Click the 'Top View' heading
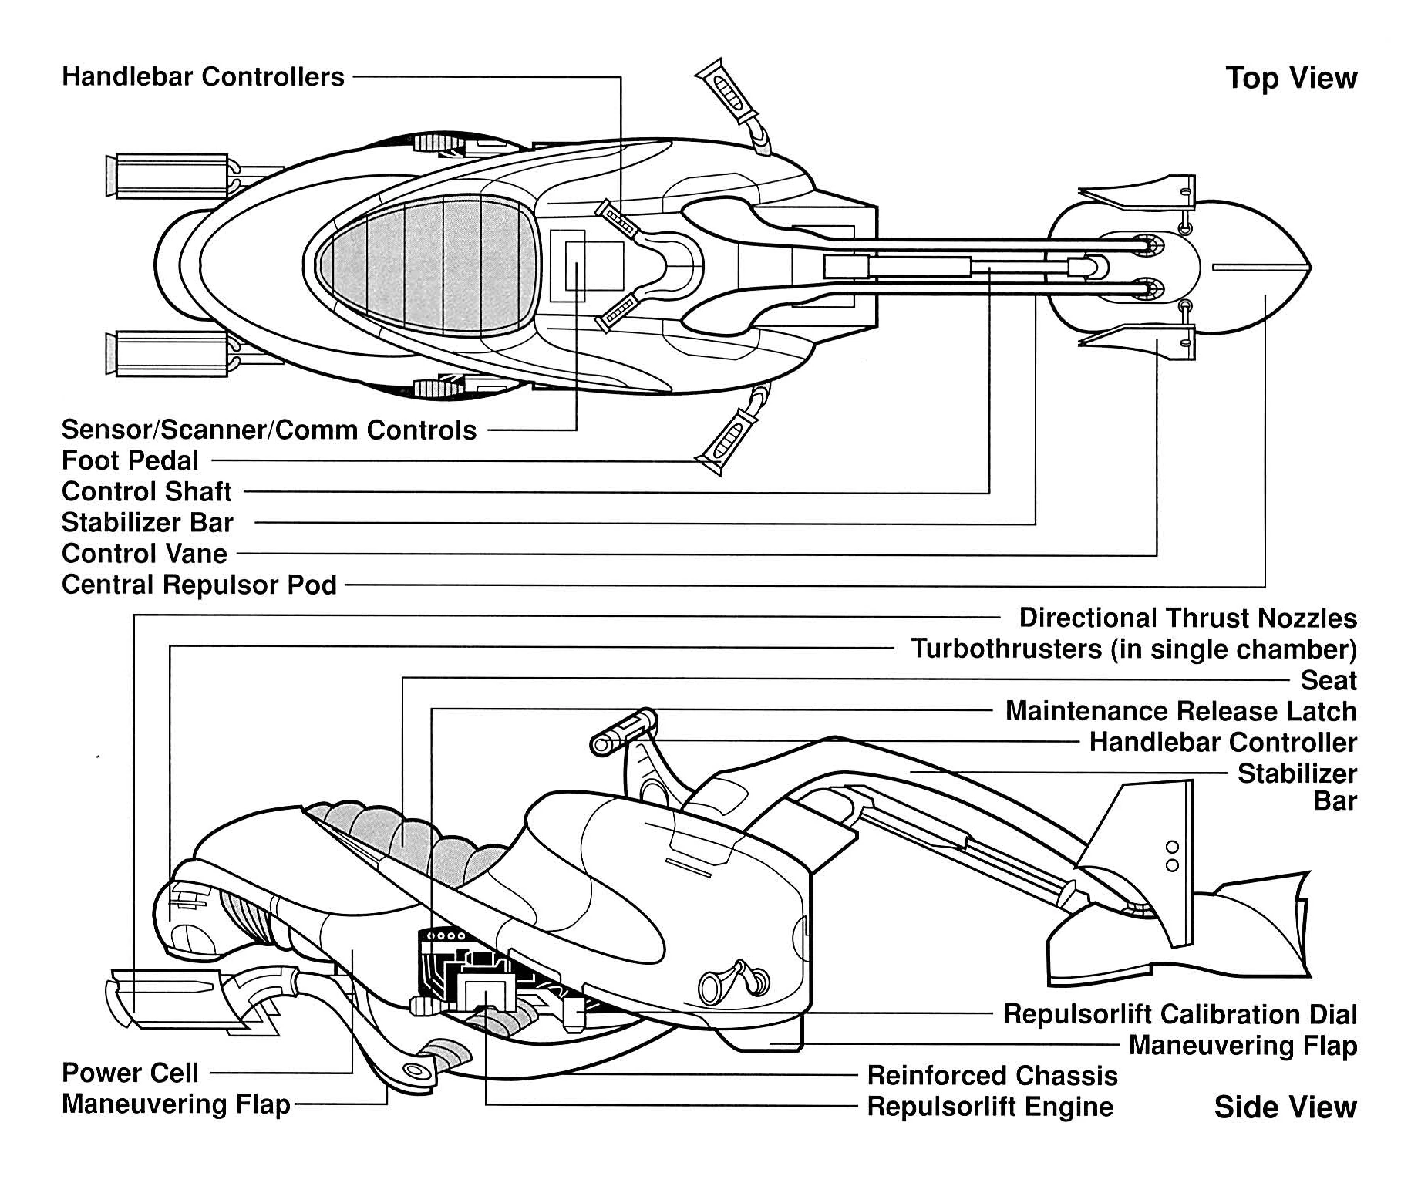pos(1291,79)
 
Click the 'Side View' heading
pos(1285,1107)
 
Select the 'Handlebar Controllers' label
pos(203,77)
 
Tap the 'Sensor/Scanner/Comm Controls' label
pos(269,430)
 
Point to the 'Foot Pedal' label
pos(130,460)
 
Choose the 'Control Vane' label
pos(144,554)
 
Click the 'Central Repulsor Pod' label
pos(199,585)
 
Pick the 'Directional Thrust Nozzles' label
pos(1187,618)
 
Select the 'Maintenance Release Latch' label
pos(1180,711)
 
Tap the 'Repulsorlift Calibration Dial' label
pos(1180,1014)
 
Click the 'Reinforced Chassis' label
pos(992,1075)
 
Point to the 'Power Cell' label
pos(130,1073)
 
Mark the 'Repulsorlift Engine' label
pos(990,1107)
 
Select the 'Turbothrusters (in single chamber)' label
pos(1133,649)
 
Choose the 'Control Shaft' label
pos(146,491)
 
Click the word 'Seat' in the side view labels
pos(1329,680)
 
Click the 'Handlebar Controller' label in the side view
pos(1223,743)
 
